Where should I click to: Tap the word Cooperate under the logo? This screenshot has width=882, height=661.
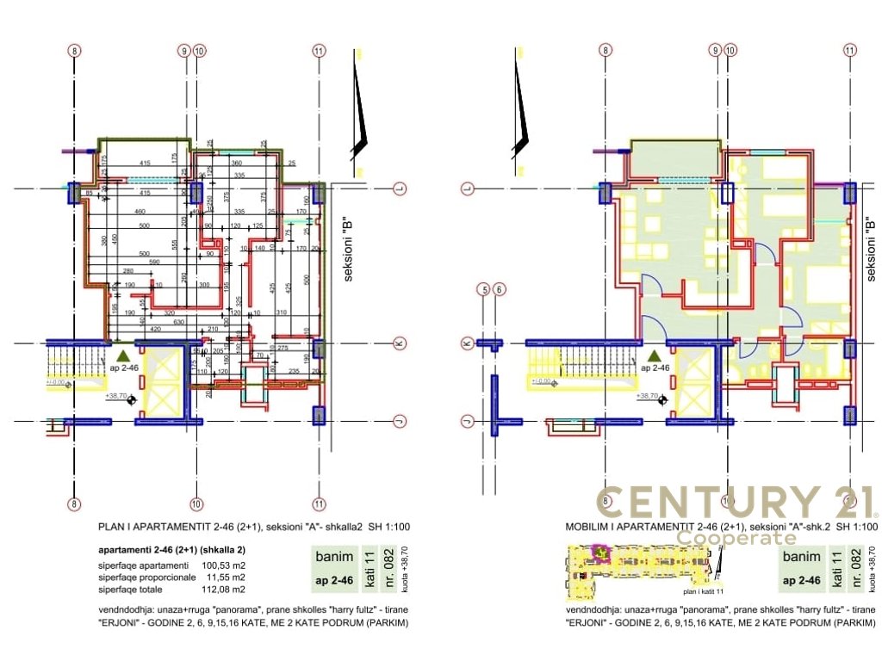tap(736, 538)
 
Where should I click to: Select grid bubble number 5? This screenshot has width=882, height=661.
tap(485, 290)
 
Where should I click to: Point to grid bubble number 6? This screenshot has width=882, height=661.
tap(500, 290)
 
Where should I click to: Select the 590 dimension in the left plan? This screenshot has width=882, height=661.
tap(156, 262)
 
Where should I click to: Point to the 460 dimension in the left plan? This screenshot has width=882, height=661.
tap(140, 212)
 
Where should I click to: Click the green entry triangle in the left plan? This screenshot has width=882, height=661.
tap(124, 354)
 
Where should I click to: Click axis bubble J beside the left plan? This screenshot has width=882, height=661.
tap(399, 421)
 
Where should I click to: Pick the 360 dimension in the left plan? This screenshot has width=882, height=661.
tap(236, 164)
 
